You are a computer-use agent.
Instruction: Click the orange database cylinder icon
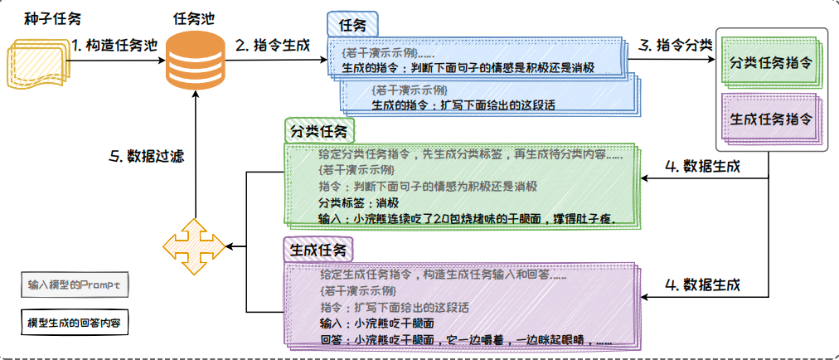pos(192,56)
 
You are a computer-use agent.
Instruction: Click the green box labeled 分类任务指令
pos(770,64)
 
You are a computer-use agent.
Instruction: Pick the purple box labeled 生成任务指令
pos(770,118)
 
